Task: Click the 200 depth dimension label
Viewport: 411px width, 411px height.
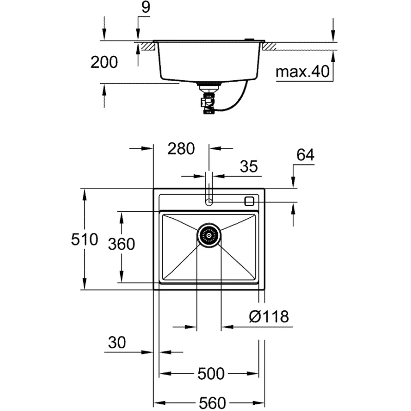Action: [104, 62]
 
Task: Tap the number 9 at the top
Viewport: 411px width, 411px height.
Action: [146, 7]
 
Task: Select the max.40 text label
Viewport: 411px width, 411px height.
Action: [303, 71]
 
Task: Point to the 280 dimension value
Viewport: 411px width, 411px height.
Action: [181, 148]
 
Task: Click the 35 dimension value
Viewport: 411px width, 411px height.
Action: [249, 166]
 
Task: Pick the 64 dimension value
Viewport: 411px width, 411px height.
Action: [305, 155]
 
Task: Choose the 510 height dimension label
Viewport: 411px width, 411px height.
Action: [84, 239]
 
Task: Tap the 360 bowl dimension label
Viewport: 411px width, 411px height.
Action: [121, 244]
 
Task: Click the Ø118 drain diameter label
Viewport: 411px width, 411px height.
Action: [269, 316]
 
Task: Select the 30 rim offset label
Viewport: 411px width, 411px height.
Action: [117, 342]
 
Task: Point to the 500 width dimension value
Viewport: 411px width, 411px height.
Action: [211, 373]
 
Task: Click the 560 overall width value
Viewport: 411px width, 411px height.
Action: [212, 403]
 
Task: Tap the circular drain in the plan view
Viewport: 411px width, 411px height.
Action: [209, 235]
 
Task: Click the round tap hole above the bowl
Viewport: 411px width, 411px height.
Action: [209, 202]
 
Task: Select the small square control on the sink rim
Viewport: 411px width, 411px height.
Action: [249, 201]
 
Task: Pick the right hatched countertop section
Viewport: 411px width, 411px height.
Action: [269, 46]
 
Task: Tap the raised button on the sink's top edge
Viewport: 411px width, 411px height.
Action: [249, 40]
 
